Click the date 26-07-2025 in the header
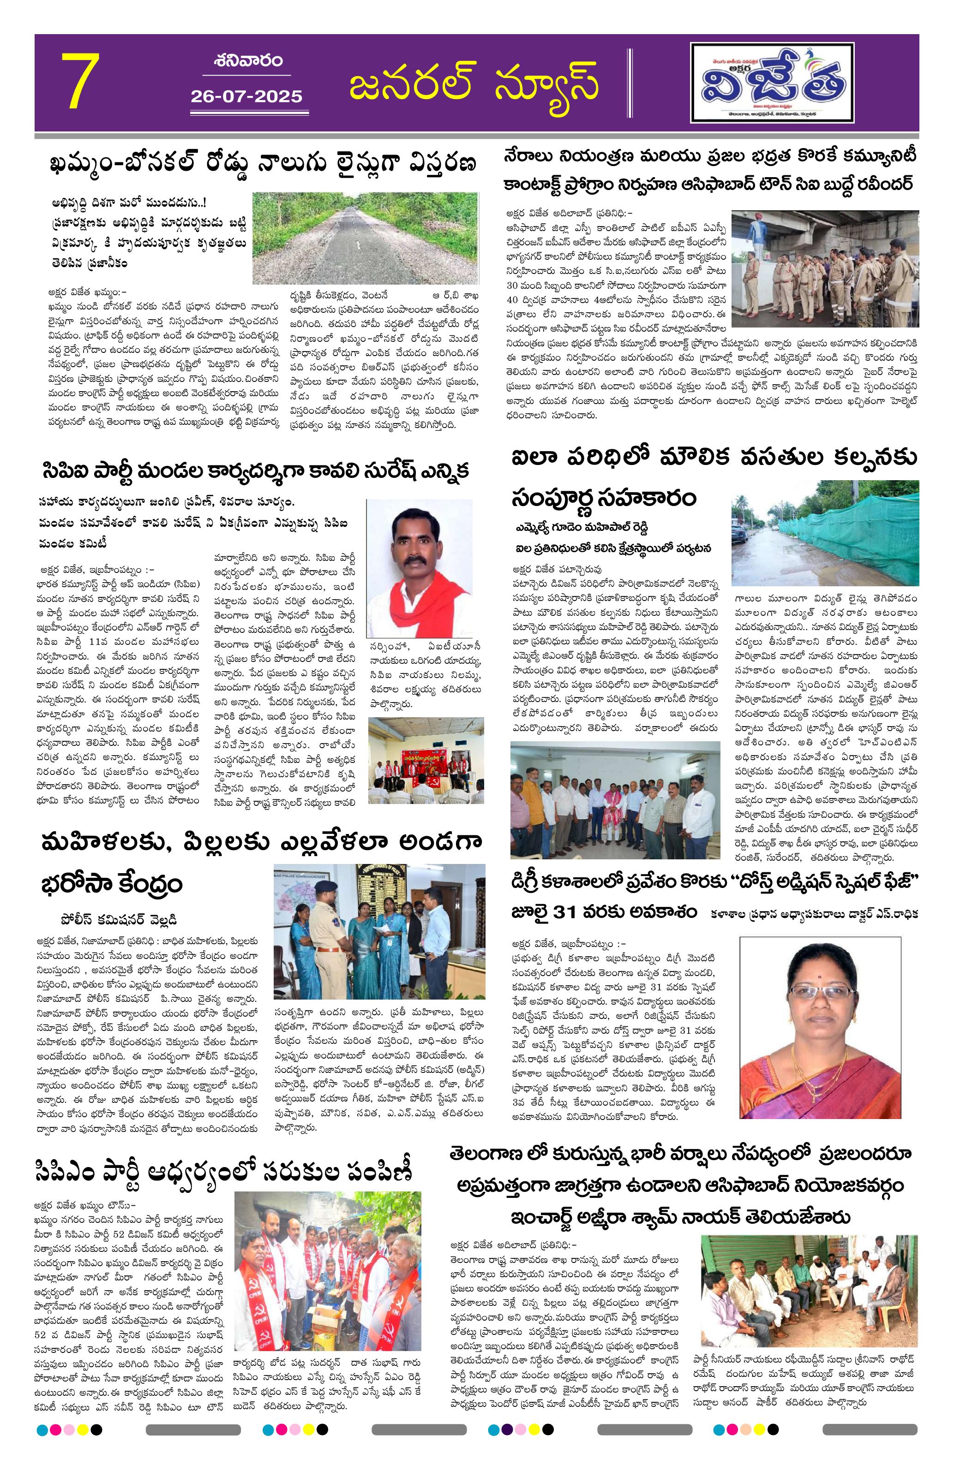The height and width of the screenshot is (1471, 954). click(246, 96)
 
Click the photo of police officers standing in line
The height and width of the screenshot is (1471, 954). click(824, 269)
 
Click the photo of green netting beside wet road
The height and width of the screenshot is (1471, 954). click(824, 533)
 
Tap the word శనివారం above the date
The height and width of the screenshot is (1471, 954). click(249, 60)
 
